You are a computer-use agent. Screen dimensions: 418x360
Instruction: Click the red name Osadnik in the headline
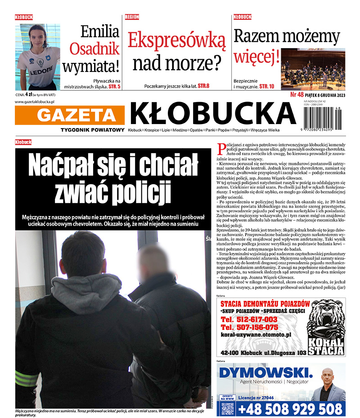tap(94, 49)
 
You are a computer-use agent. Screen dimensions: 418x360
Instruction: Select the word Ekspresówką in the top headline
tap(176, 40)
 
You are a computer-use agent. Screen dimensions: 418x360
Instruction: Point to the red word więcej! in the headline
tap(256, 57)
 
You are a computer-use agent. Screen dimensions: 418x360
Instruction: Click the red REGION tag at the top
tap(132, 17)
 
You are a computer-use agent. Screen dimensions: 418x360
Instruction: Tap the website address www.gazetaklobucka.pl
tap(38, 102)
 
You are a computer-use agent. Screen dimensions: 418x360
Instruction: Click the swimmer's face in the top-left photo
tap(37, 36)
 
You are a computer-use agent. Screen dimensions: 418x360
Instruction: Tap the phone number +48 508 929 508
tap(290, 409)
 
